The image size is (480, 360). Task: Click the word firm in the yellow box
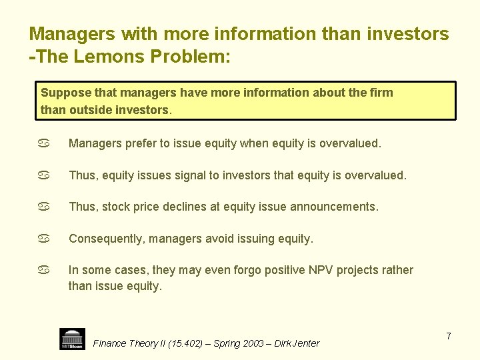(381, 92)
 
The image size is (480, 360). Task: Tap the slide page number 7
(449, 336)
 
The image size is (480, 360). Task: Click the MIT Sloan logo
(72, 339)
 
